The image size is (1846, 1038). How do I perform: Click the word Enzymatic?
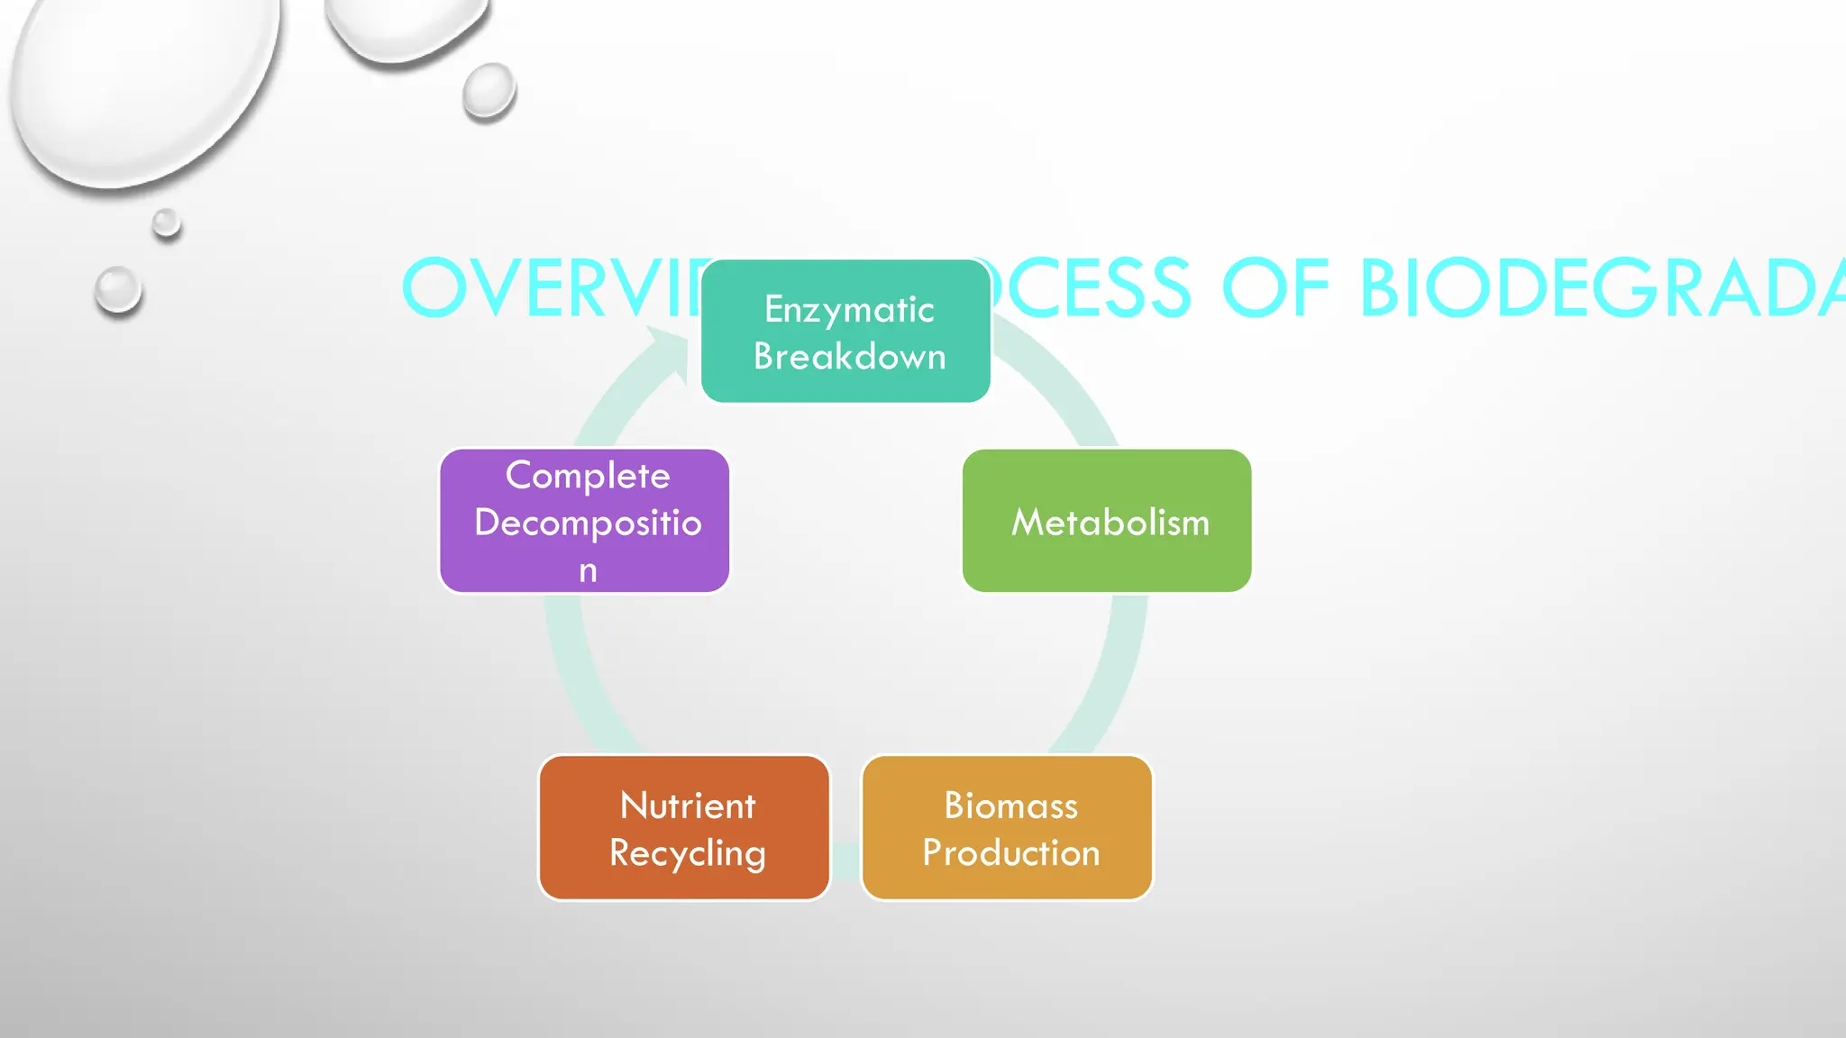[x=849, y=310]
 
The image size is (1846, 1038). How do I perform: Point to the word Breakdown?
[x=849, y=357]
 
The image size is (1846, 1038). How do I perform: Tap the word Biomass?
[x=1010, y=806]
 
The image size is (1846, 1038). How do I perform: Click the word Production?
[x=1010, y=852]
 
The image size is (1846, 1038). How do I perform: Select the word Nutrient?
[x=688, y=806]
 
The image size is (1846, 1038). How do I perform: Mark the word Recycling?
[x=688, y=853]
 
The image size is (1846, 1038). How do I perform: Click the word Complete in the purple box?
[x=588, y=475]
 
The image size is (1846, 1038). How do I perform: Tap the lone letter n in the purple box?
[x=588, y=570]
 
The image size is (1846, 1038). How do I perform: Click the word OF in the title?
[x=1275, y=288]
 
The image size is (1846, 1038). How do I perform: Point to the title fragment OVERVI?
[x=550, y=288]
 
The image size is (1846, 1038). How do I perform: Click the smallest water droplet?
[x=167, y=223]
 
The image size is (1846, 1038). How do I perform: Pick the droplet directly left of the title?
[x=118, y=290]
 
